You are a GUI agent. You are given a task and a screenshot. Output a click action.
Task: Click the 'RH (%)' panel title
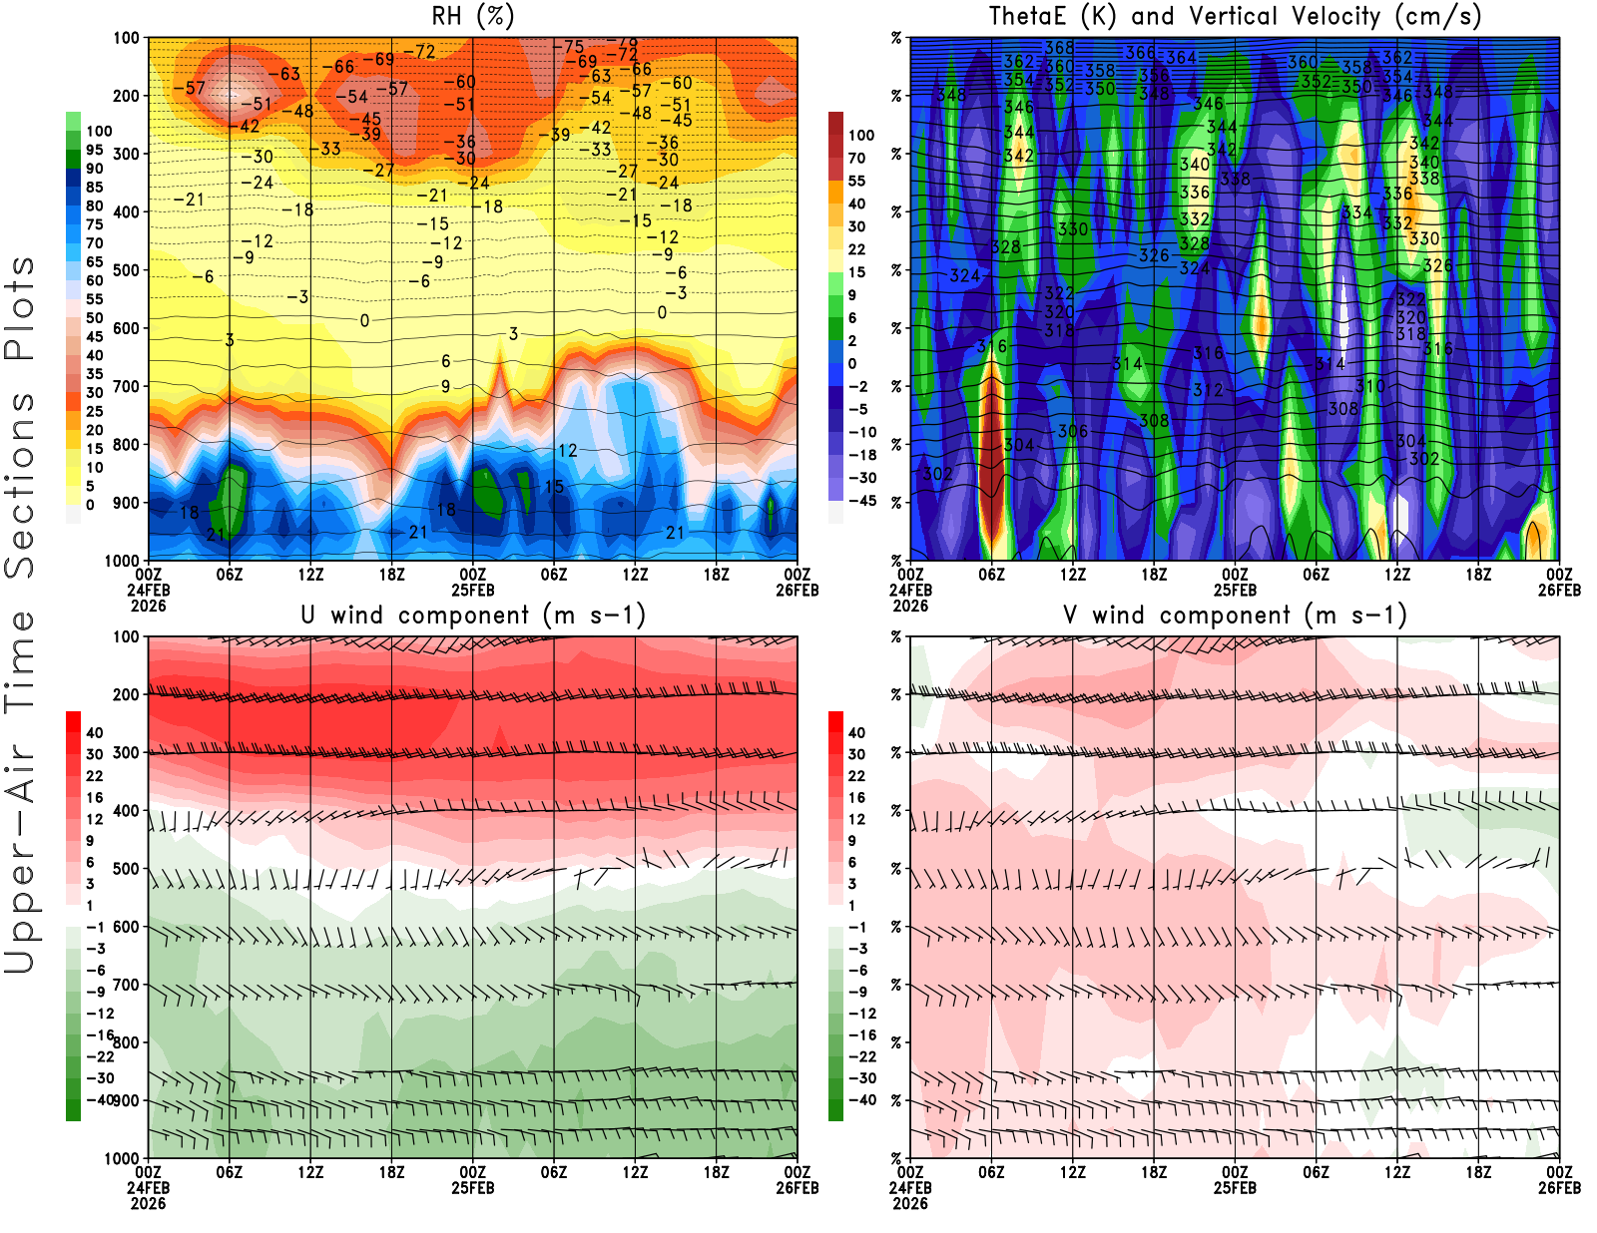coord(472,17)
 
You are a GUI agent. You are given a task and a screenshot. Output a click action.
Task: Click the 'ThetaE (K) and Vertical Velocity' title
coord(1235,17)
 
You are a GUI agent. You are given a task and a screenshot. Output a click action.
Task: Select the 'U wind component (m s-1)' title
coord(473,616)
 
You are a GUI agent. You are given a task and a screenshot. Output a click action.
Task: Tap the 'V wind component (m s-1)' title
coord(1235,616)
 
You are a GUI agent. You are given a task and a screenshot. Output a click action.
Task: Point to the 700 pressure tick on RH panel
coord(127,386)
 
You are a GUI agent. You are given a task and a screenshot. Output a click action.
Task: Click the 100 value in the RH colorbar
coord(99,131)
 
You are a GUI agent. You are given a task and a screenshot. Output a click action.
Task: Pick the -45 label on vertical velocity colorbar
coord(862,501)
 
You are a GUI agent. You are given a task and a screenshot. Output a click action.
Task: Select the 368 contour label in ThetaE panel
coord(1059,48)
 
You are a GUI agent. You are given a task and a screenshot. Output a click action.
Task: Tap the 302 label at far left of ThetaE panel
coord(937,474)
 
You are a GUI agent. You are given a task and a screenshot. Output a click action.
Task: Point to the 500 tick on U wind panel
coord(127,869)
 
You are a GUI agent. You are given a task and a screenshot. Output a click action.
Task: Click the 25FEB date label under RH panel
coord(473,590)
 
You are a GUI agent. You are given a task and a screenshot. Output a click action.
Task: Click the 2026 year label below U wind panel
coord(148,1203)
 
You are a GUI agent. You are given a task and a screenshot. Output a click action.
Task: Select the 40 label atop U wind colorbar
coord(95,733)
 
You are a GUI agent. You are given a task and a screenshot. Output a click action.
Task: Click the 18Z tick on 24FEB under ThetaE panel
coord(1154,575)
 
